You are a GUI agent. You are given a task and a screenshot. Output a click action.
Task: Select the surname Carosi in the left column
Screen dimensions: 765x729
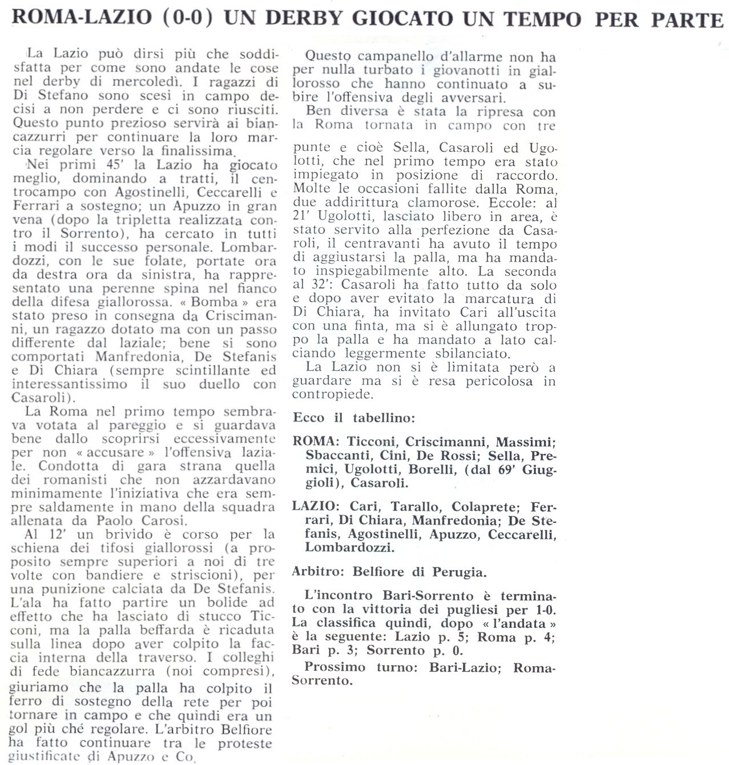point(161,521)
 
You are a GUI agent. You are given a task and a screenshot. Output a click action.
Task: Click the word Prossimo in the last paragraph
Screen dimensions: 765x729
point(335,667)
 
